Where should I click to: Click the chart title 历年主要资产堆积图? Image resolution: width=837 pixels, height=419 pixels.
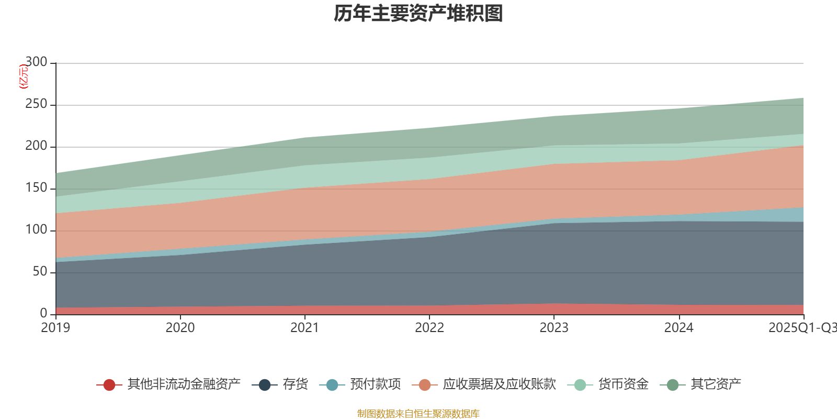coord(418,14)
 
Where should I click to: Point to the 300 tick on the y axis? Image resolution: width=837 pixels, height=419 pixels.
coord(36,62)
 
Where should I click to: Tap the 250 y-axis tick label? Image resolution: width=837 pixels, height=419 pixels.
coord(36,104)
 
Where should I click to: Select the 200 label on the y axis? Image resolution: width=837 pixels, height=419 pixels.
coord(36,146)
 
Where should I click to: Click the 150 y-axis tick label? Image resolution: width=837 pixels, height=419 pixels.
coord(36,188)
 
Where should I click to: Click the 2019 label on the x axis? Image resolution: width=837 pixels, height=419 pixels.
coord(56,328)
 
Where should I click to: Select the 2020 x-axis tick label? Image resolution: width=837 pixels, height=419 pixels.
coord(180,328)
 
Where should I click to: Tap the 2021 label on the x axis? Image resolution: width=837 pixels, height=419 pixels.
coord(305,328)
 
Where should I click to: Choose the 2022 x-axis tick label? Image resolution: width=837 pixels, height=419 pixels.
coord(429,328)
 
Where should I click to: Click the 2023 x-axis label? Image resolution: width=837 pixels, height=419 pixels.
coord(554,328)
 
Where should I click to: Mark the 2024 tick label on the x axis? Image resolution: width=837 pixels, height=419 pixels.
coord(678,328)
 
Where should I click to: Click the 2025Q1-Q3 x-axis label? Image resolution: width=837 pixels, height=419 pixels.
coord(802,328)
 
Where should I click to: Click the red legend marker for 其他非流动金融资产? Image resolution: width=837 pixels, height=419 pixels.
coord(109,385)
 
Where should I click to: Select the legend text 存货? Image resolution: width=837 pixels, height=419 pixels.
coord(296,384)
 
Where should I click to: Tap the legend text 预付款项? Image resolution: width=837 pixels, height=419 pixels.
coord(376,384)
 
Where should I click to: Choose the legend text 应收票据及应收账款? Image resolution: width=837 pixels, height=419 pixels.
coord(499,384)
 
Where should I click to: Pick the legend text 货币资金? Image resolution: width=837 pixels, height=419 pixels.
coord(623,384)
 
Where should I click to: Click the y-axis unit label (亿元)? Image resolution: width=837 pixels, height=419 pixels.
coord(24,76)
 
